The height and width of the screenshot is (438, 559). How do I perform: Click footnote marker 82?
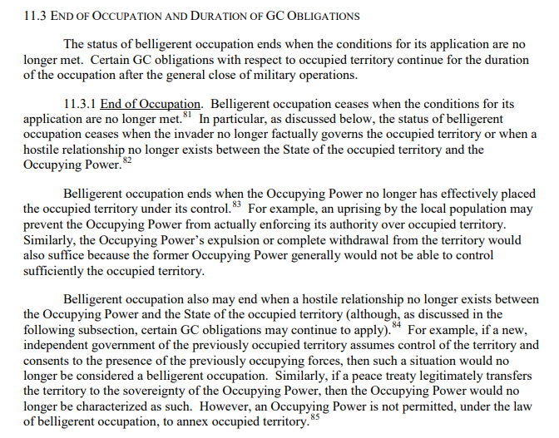pos(127,159)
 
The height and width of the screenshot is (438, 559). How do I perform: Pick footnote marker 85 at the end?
pos(313,417)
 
